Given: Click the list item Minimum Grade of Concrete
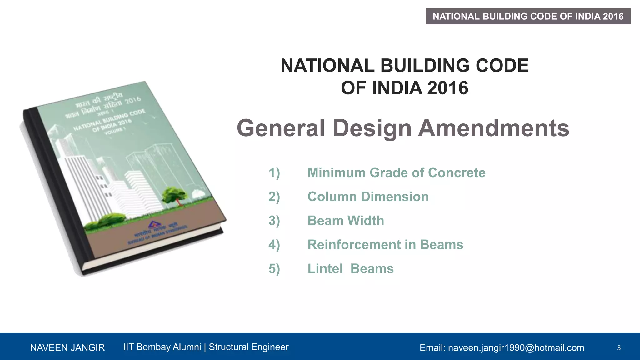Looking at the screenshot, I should coord(396,173).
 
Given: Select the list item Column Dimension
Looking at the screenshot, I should coord(368,197).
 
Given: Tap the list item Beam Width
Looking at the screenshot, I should coord(346,221).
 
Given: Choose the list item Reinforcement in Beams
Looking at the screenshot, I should coord(385,245).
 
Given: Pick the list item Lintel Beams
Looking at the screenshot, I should coord(350,269).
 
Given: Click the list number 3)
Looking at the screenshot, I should coord(274,221).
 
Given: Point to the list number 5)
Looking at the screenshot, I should coord(274,269).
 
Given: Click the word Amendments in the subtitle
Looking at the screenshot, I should coord(494,128).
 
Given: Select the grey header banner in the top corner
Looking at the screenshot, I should coord(528,16).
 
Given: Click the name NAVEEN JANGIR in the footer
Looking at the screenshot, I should coord(67,347).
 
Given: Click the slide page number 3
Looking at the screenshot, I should coord(619,347).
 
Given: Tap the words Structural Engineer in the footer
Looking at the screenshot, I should coord(248,347).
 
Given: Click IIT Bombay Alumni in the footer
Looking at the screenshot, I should coord(162,347).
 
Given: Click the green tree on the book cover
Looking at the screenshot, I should coord(174,195).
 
